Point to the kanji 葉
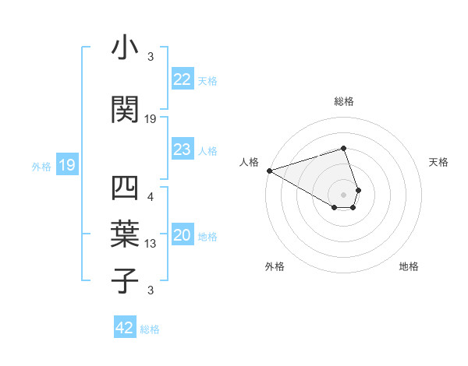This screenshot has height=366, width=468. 125,231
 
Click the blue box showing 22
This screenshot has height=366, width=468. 183,79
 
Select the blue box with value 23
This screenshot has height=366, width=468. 183,150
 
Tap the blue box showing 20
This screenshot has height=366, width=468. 183,236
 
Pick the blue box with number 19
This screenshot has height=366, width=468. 67,165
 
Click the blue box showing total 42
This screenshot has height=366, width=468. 125,328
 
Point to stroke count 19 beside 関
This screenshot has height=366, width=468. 151,119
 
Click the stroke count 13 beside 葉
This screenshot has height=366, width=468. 151,244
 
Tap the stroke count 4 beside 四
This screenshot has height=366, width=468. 151,196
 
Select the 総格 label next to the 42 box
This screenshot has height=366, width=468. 150,329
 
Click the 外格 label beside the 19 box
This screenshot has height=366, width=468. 41,166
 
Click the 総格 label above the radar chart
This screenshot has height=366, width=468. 343,101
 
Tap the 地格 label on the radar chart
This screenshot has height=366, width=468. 409,266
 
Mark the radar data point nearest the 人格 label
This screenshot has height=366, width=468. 269,171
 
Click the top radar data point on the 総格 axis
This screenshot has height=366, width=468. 343,148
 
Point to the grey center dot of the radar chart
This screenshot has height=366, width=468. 343,193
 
